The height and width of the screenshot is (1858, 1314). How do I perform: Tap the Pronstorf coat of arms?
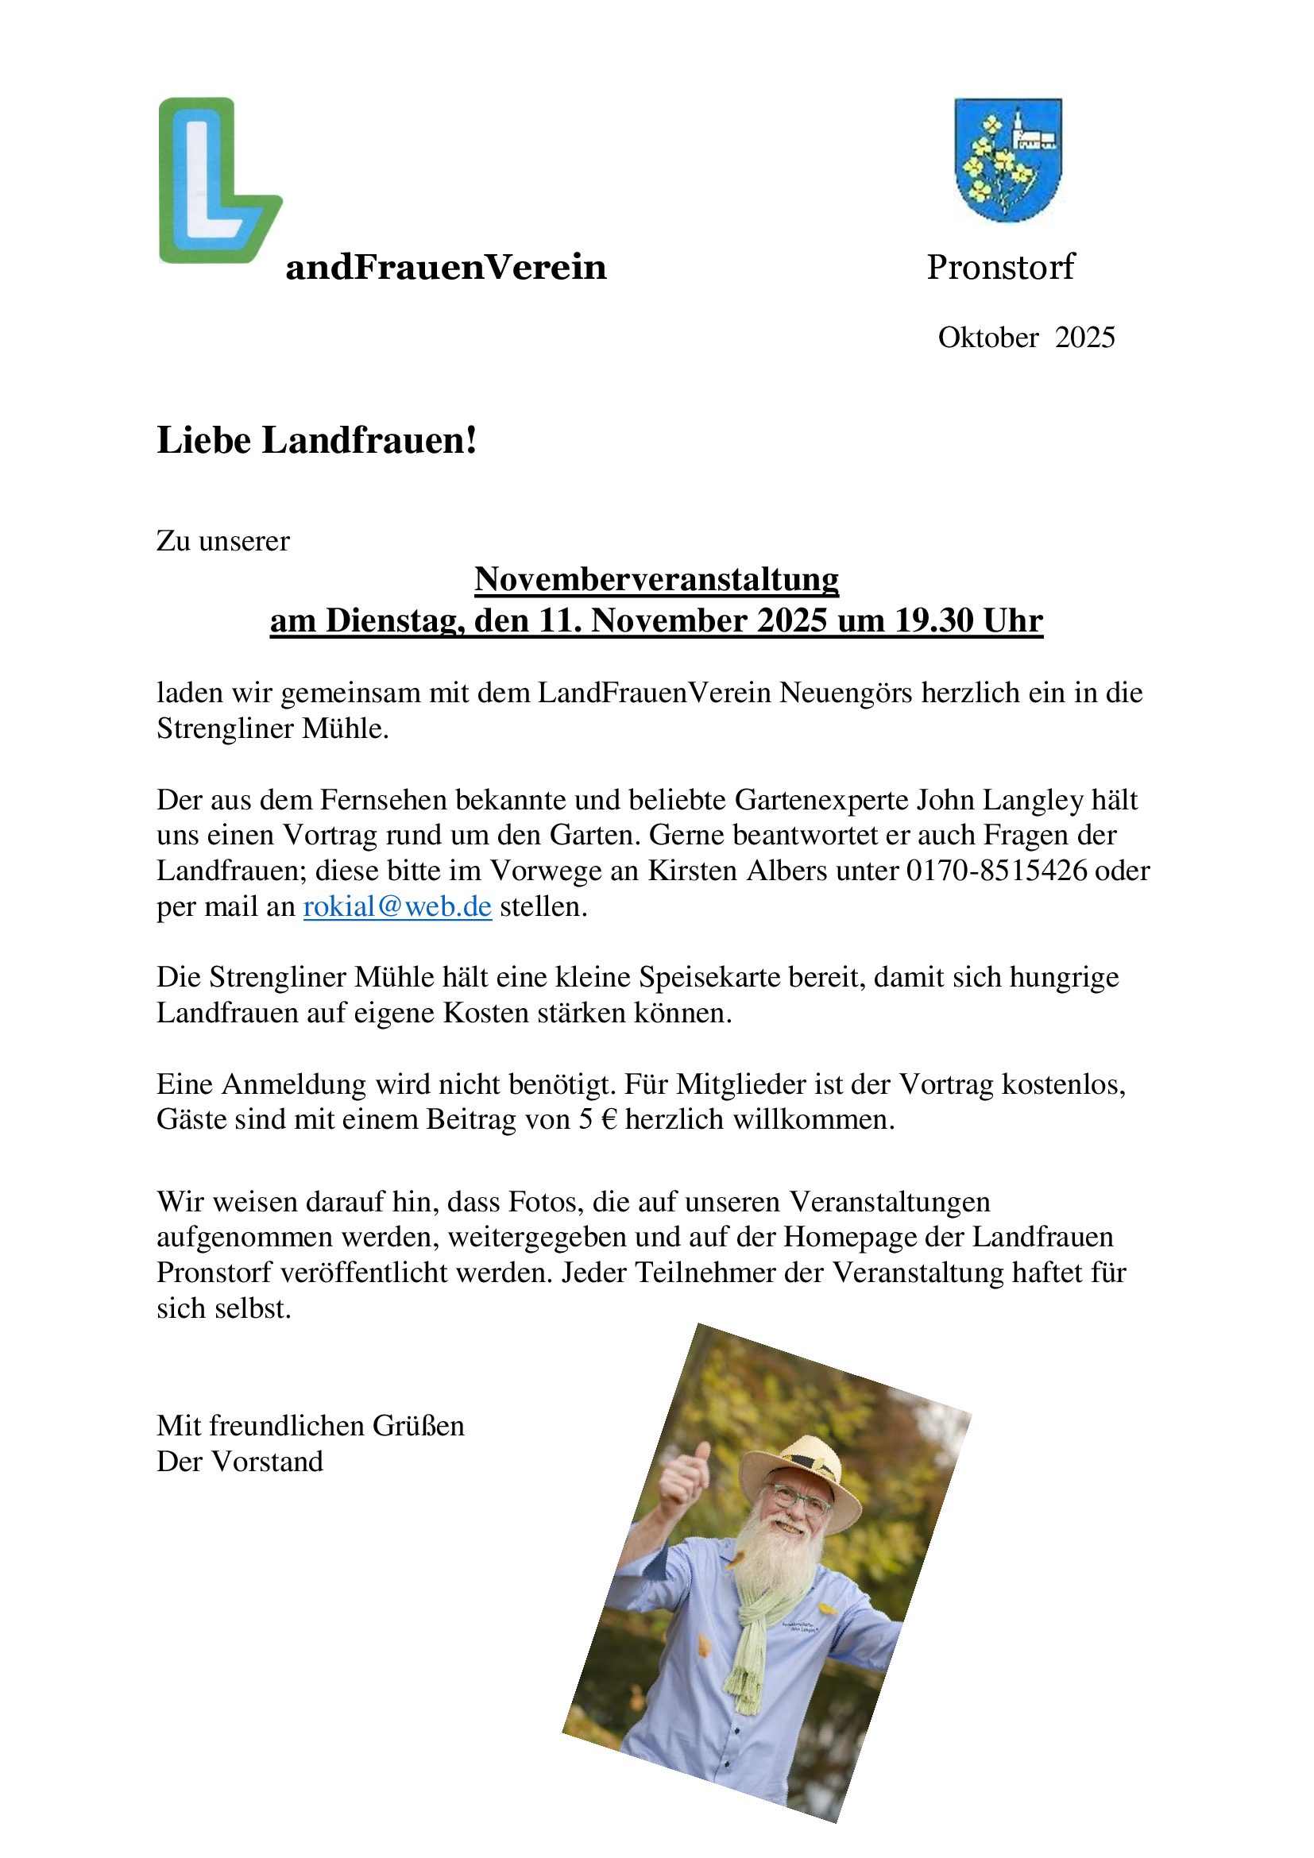(x=1007, y=160)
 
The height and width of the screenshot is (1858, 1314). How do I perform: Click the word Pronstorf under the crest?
(x=1000, y=267)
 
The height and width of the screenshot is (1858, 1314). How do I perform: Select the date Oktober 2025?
(x=1026, y=338)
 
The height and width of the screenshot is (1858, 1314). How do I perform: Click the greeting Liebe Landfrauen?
(x=316, y=441)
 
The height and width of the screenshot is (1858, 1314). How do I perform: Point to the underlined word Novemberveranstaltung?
(x=656, y=579)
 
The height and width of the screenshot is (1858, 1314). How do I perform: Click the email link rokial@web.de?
(x=397, y=906)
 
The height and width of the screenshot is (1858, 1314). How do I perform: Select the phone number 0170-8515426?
(x=996, y=871)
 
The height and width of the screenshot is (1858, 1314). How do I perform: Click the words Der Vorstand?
(x=239, y=1462)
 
